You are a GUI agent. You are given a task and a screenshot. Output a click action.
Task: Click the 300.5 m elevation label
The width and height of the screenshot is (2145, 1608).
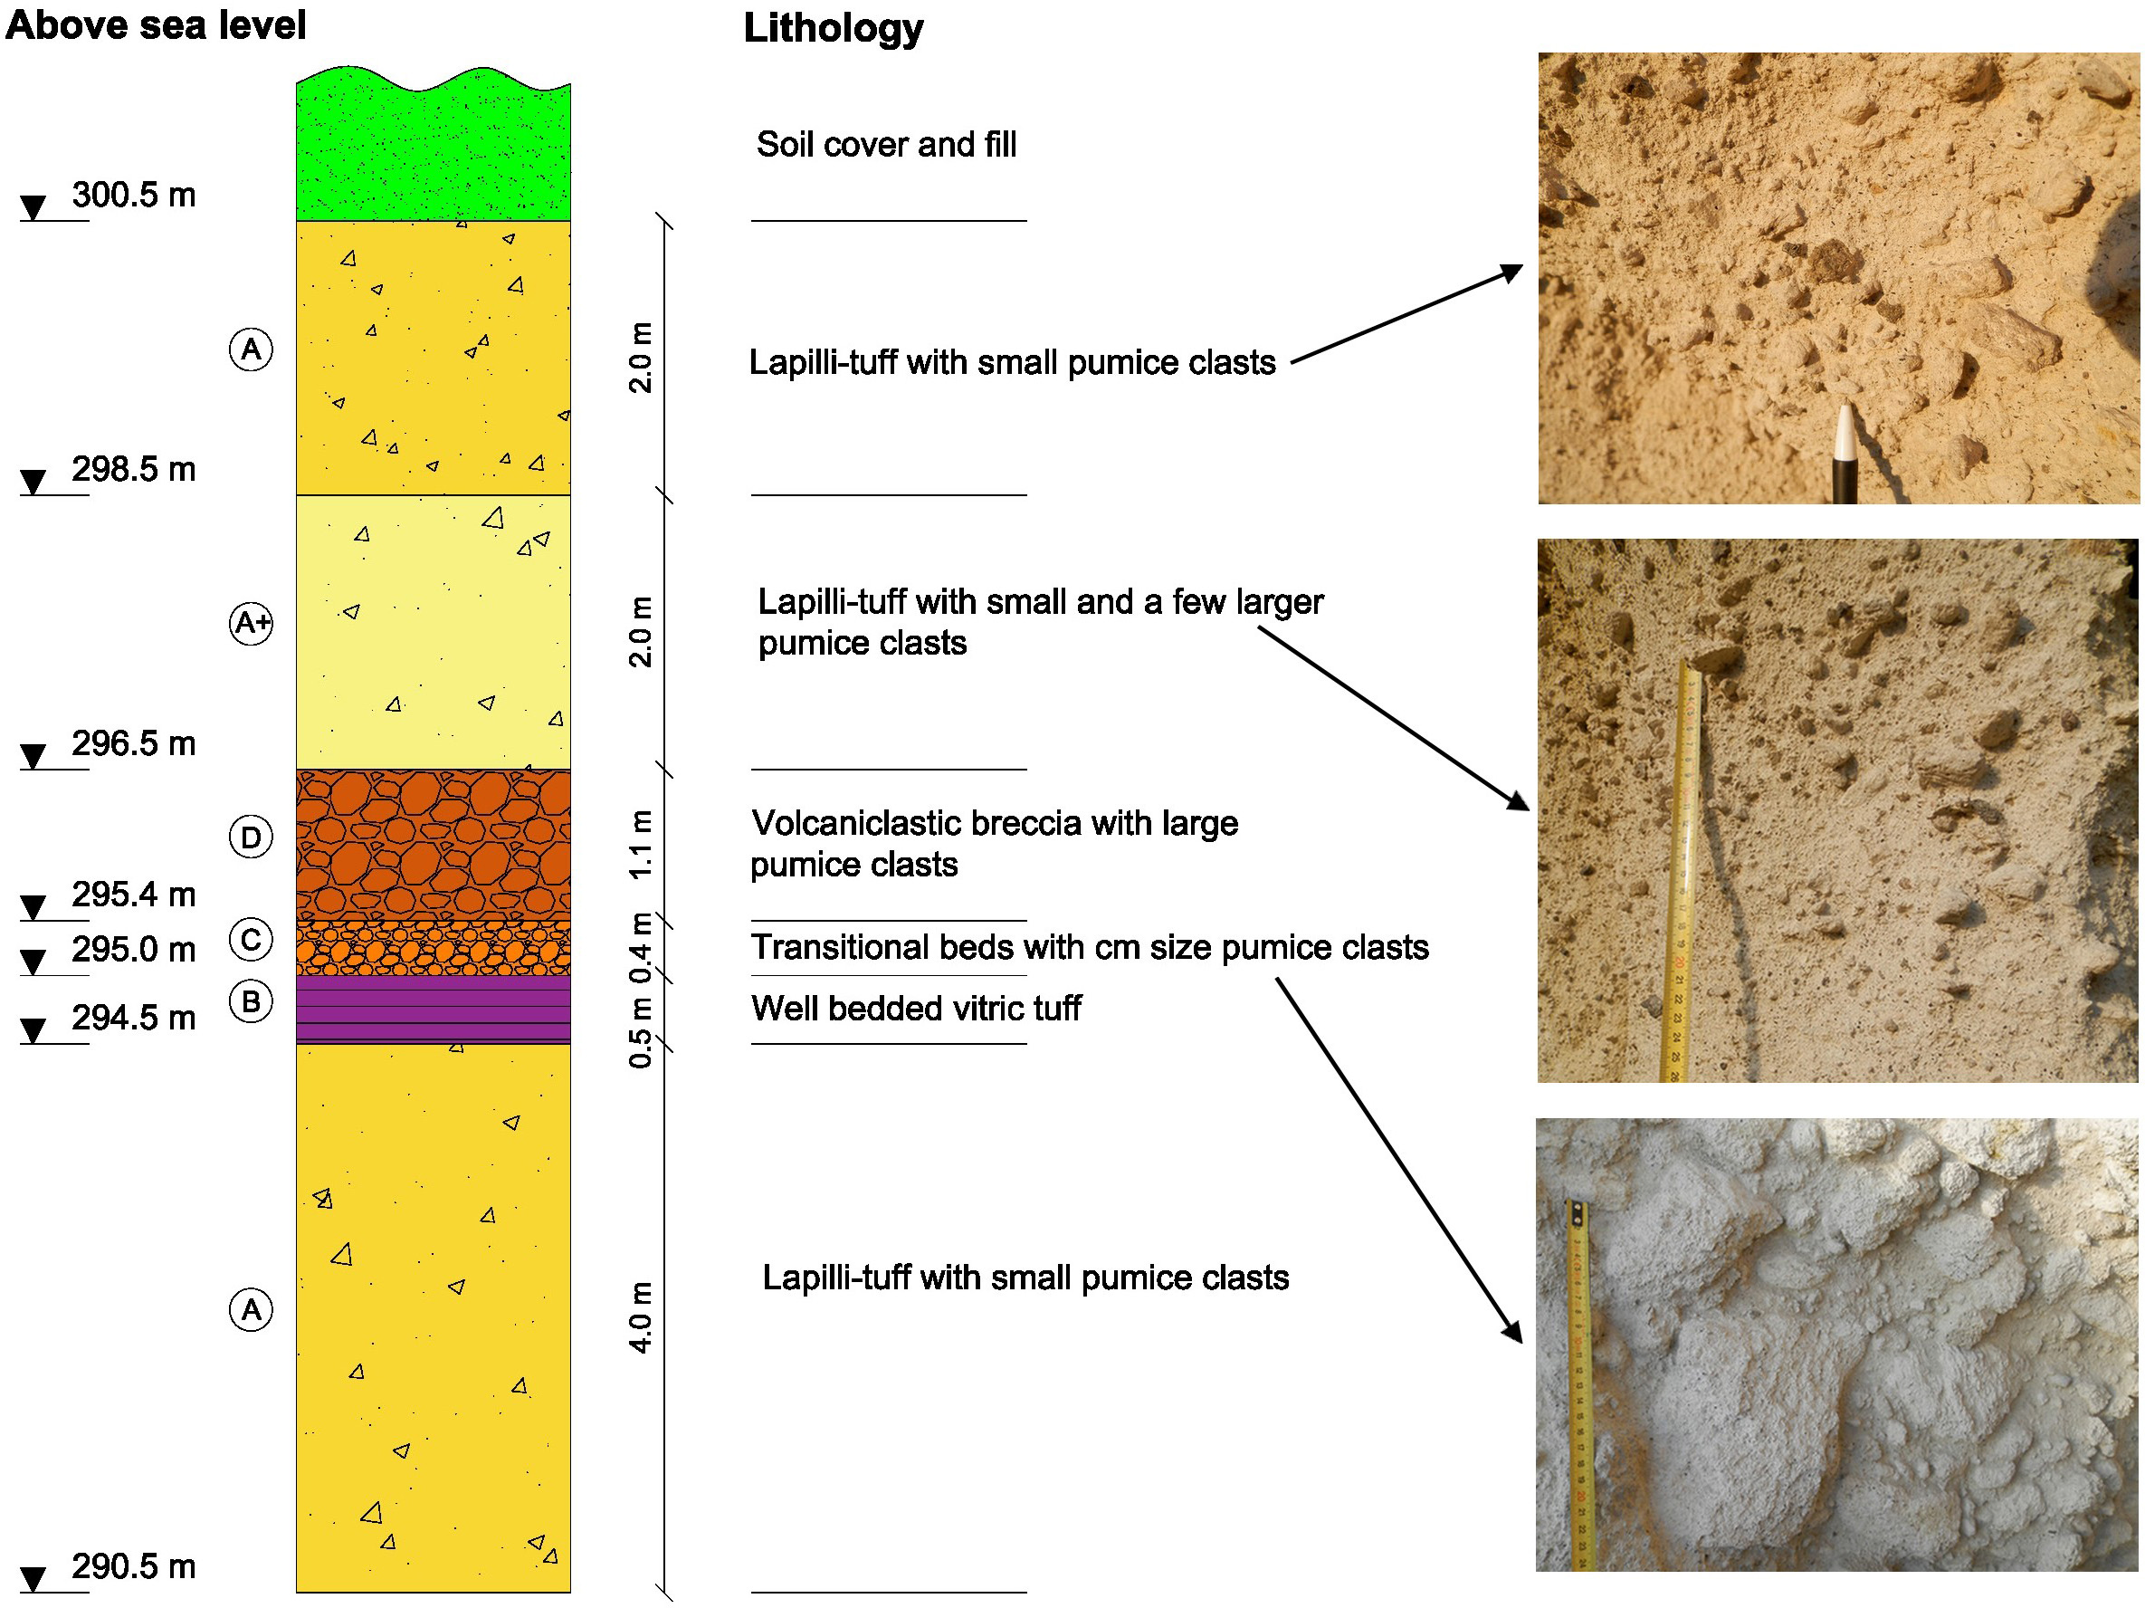pyautogui.click(x=133, y=195)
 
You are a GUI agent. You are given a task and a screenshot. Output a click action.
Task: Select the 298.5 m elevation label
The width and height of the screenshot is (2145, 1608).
pyautogui.click(x=133, y=469)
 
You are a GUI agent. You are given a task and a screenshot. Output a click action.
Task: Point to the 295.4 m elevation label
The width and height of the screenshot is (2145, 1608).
pyautogui.click(x=133, y=895)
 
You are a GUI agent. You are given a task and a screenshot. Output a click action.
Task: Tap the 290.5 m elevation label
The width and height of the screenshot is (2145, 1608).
pyautogui.click(x=133, y=1566)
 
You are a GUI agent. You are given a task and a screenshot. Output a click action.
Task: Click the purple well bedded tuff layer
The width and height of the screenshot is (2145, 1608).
pyautogui.click(x=433, y=1009)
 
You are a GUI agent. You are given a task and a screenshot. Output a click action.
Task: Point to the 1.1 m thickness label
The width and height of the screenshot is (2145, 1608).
pyautogui.click(x=641, y=845)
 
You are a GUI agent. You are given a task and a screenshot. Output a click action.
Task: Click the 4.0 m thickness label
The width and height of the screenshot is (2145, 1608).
pyautogui.click(x=641, y=1318)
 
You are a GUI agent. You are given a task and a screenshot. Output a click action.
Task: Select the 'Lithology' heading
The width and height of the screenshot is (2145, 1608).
pyautogui.click(x=833, y=29)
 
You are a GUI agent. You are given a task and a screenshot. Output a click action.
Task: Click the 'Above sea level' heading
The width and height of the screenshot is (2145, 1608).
pyautogui.click(x=155, y=25)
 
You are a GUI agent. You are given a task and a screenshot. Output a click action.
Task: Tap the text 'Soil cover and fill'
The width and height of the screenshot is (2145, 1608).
pyautogui.click(x=885, y=145)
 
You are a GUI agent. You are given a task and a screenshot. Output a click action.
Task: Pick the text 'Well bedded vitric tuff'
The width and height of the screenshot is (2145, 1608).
pyautogui.click(x=915, y=1009)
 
